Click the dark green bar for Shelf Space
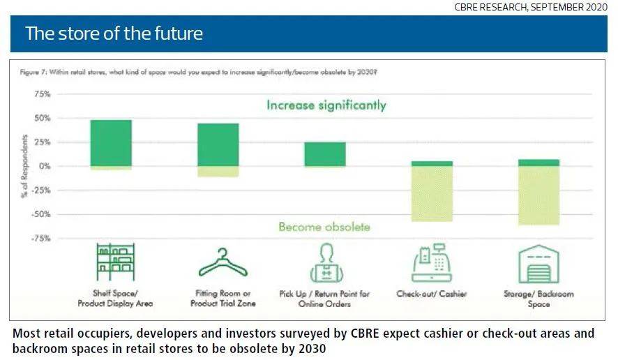111,143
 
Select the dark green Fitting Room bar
218,144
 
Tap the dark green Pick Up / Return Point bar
324,153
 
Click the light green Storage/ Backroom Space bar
538,195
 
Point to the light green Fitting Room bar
218,171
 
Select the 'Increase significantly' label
326,106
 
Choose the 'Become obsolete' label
324,227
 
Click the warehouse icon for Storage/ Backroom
538,263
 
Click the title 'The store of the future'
114,33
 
